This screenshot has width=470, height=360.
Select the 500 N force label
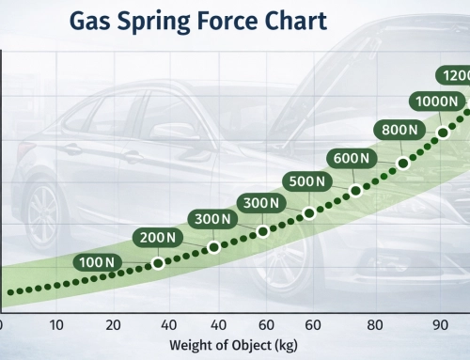pos(308,180)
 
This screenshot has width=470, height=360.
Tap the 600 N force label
pos(352,158)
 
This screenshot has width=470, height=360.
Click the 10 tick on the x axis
pos(56,325)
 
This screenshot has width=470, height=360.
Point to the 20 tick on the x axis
pos(114,325)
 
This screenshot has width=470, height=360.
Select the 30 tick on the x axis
pos(169,325)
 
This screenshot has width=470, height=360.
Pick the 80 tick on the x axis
pos(376,325)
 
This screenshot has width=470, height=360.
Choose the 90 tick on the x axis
pos(438,325)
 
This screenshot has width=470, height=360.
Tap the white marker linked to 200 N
pos(158,263)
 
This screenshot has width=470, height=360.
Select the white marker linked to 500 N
pos(308,213)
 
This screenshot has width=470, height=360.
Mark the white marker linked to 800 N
pos(403,164)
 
